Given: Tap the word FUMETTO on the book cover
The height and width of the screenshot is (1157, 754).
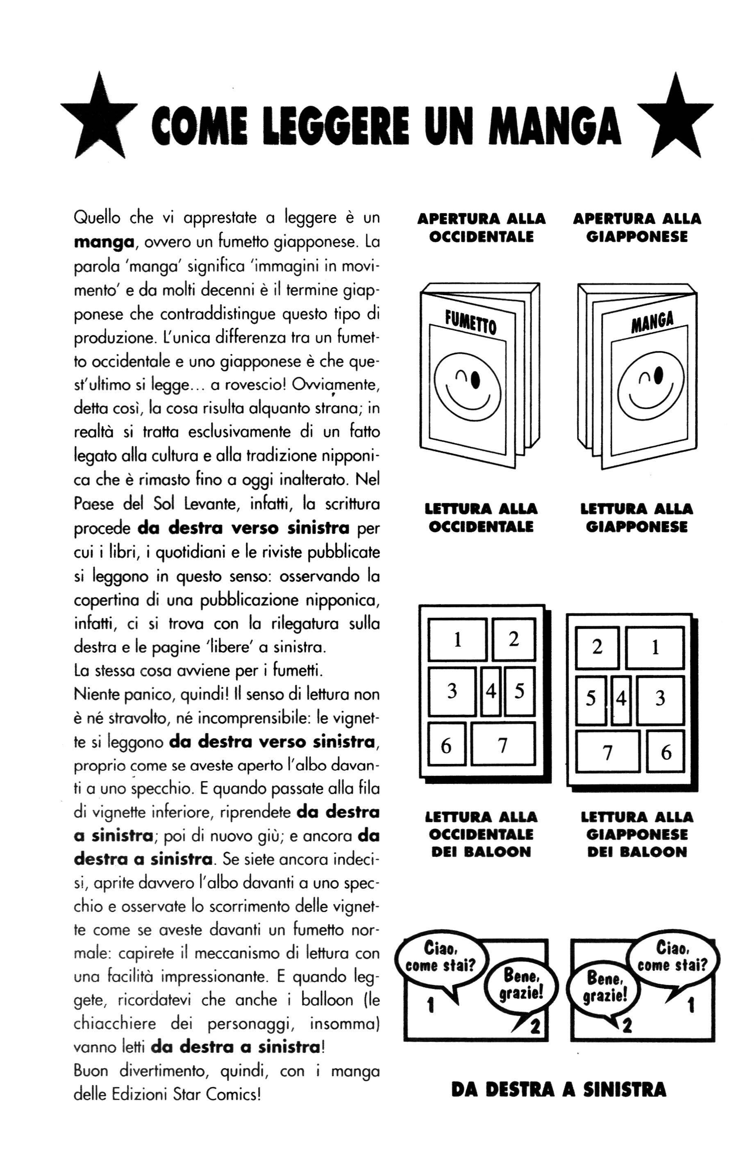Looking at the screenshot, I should click(470, 323).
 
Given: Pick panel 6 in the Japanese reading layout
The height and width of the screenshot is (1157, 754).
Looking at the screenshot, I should click(665, 752).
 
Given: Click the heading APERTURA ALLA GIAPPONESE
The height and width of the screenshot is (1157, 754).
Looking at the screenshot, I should click(636, 228).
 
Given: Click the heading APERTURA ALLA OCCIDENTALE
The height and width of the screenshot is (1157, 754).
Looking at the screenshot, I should click(481, 228).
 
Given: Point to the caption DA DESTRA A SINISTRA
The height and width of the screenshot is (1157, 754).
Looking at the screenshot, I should click(558, 1089).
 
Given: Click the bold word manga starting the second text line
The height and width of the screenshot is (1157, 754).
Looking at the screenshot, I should click(104, 242).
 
